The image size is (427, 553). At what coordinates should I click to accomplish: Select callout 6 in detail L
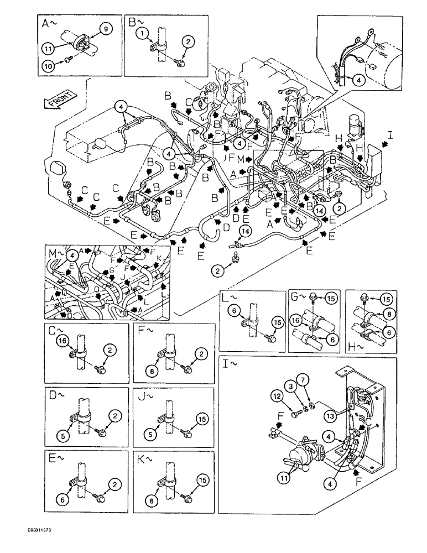click(235, 311)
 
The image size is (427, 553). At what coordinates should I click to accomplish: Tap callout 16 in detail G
click(296, 320)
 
